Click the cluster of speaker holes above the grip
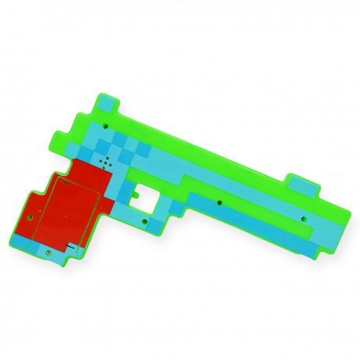pos(104,163)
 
